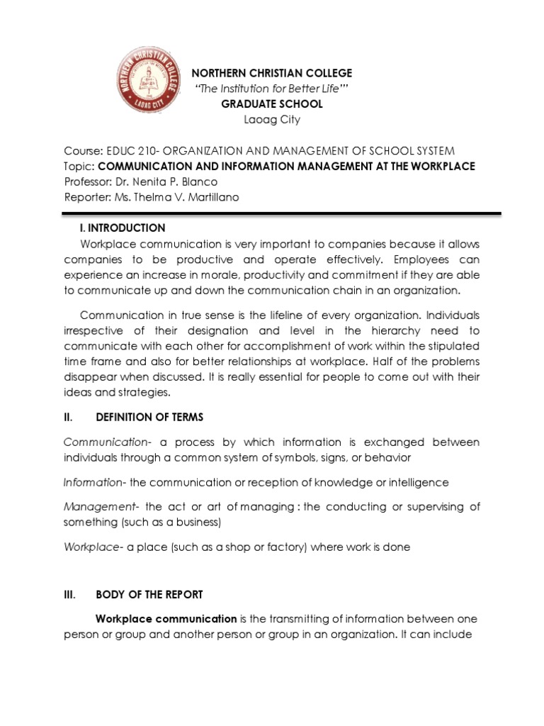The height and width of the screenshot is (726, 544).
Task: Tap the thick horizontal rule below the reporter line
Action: coord(282,212)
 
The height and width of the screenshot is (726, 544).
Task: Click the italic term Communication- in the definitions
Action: coord(106,442)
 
